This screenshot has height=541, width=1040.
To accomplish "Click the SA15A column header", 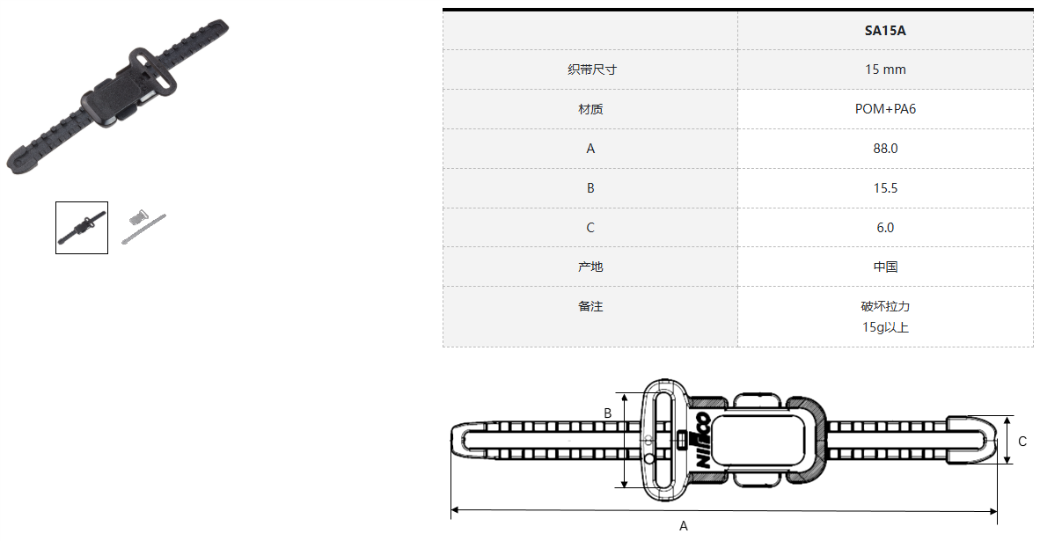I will pyautogui.click(x=885, y=31).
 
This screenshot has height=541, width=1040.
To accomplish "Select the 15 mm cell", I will pyautogui.click(x=885, y=69).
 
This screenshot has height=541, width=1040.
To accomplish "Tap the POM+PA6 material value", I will pyautogui.click(x=885, y=109).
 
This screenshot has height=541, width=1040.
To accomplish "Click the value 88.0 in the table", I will pyautogui.click(x=885, y=149).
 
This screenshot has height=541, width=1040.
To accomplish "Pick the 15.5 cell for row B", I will pyautogui.click(x=885, y=188).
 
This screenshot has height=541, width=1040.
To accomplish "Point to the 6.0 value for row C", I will pyautogui.click(x=885, y=228).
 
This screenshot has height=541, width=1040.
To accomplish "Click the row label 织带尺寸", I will pyautogui.click(x=590, y=69).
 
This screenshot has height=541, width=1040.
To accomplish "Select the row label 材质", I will pyautogui.click(x=590, y=109).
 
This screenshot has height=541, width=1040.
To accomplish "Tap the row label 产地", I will pyautogui.click(x=590, y=267).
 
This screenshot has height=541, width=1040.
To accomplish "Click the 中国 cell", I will pyautogui.click(x=885, y=267).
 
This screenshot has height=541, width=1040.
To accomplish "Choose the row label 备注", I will pyautogui.click(x=590, y=306).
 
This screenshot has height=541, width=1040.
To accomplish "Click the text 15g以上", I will pyautogui.click(x=885, y=328).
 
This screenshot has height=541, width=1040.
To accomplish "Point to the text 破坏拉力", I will pyautogui.click(x=885, y=307).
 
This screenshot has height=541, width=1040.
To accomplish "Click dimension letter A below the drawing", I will pyautogui.click(x=684, y=526).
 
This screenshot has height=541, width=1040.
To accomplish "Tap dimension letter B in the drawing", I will pyautogui.click(x=607, y=413).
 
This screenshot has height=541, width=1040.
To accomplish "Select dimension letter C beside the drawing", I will pyautogui.click(x=1022, y=442).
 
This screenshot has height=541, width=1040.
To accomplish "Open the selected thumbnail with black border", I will pyautogui.click(x=82, y=228).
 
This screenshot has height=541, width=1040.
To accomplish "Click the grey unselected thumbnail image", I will pyautogui.click(x=143, y=227).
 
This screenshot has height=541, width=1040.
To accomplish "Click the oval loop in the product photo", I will pyautogui.click(x=152, y=69).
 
